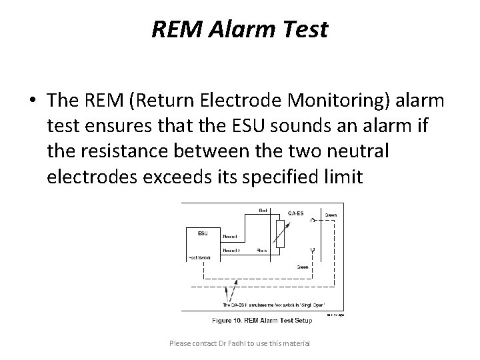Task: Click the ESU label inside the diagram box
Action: [x=203, y=233]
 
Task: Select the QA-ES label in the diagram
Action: [x=296, y=213]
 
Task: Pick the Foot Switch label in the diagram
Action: [x=199, y=258]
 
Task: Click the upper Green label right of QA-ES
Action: [x=331, y=215]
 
